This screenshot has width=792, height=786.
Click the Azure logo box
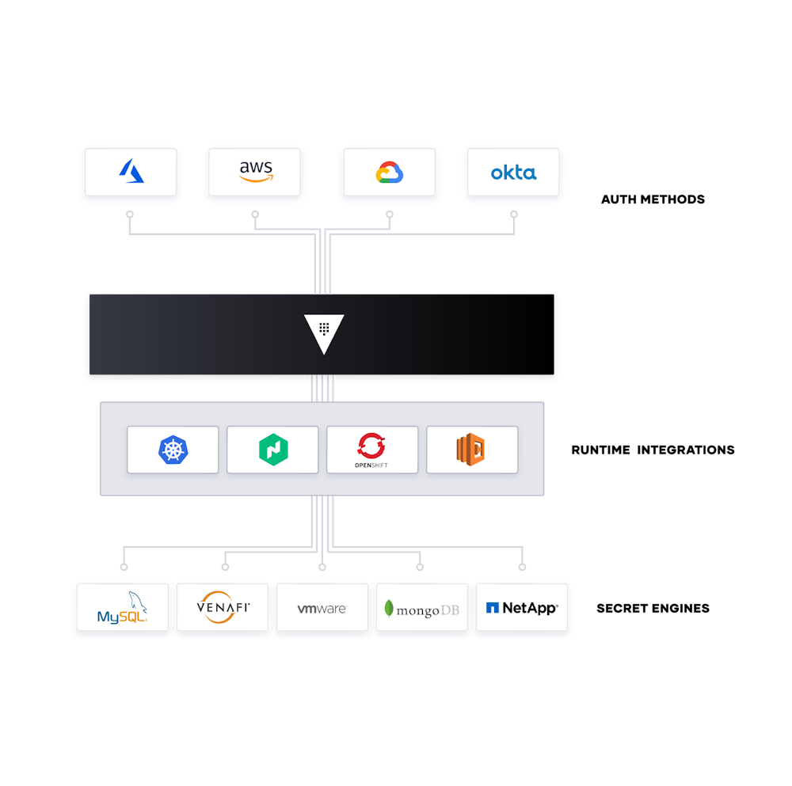[x=131, y=171]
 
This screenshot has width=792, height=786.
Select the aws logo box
[x=254, y=171]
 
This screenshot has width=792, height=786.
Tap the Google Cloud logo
[x=389, y=172]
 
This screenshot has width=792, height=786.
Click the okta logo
[x=513, y=172]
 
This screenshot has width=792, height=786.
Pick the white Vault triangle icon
[x=324, y=332]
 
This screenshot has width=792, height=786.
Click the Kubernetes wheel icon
[x=173, y=450]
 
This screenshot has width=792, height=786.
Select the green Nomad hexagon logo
[x=272, y=450]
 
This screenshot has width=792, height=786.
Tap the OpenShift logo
[x=372, y=449]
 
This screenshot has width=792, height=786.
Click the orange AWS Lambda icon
[x=471, y=449]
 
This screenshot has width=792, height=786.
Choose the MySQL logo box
[x=123, y=607]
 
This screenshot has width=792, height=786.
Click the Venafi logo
[x=223, y=607]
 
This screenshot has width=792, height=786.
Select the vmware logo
[x=322, y=608]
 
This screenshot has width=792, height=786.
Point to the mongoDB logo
[x=421, y=608]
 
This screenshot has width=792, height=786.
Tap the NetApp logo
[x=521, y=607]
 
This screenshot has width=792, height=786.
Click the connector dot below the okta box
[x=514, y=214]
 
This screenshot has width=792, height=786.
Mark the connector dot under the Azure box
[x=130, y=214]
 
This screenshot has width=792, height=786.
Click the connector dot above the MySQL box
[x=124, y=567]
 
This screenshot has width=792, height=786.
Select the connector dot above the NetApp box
[x=522, y=567]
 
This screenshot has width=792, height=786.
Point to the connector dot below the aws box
[x=255, y=214]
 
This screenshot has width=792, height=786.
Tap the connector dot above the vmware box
[x=322, y=567]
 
